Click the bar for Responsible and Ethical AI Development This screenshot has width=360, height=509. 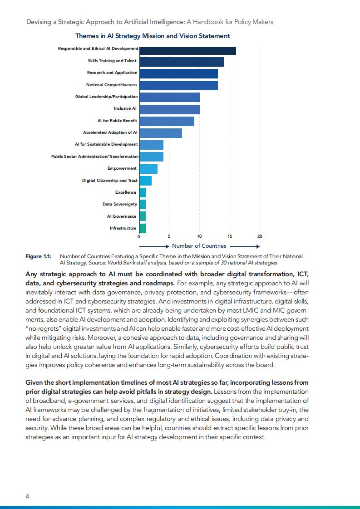click(x=187, y=51)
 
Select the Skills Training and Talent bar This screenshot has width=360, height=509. click(x=182, y=62)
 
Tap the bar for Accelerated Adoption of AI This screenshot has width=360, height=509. click(x=161, y=133)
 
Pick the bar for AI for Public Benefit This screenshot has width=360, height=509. click(x=167, y=121)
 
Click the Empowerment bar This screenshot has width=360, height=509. click(x=148, y=169)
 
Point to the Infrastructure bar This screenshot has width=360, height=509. click(x=143, y=228)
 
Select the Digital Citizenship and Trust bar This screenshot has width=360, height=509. click(x=145, y=181)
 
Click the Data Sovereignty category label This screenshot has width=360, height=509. click(x=119, y=204)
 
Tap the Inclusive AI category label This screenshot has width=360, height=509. click(x=125, y=109)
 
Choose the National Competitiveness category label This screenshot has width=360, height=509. click(x=112, y=85)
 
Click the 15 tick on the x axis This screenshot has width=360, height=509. click(x=230, y=236)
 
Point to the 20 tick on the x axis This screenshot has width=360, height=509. click(x=260, y=236)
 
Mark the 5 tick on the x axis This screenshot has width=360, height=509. click(x=169, y=236)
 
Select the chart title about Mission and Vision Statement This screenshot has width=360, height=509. click(x=153, y=36)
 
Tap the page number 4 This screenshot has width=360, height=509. click(x=27, y=496)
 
